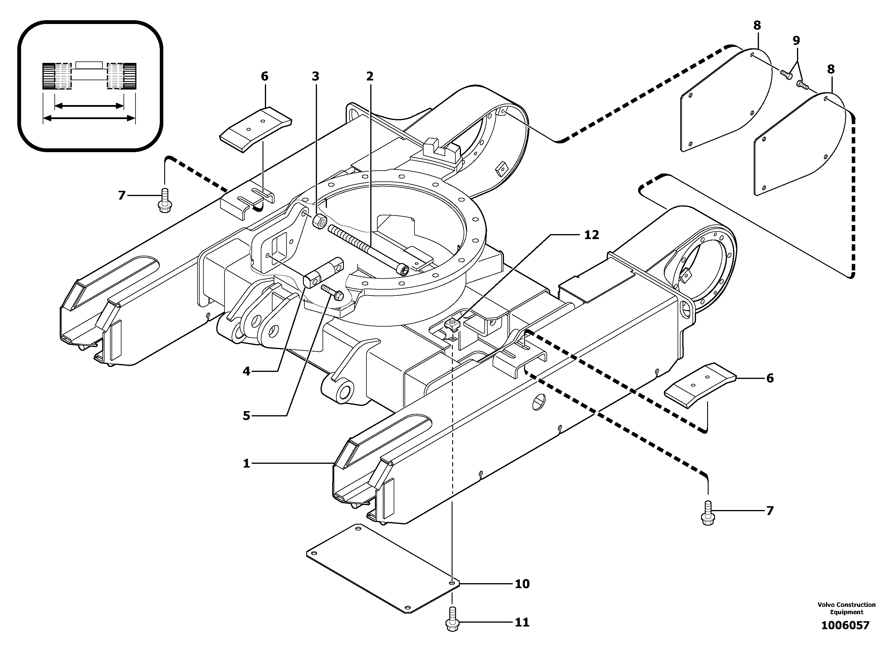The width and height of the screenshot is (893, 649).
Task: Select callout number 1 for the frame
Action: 246,463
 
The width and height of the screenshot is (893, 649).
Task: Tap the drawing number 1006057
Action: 845,625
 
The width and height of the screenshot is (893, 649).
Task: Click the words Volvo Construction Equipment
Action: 846,608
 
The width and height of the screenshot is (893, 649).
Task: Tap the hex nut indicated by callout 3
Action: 318,222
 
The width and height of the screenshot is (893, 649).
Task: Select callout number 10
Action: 522,584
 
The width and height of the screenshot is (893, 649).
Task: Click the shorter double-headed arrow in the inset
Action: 89,105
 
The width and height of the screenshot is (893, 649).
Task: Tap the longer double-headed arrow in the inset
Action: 89,118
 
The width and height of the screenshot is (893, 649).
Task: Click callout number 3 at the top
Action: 316,76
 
